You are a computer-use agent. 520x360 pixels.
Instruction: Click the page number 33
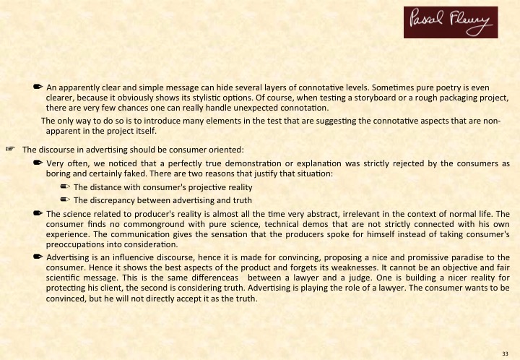tap(506, 352)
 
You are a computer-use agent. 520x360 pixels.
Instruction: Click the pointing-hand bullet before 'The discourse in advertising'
tap(10, 150)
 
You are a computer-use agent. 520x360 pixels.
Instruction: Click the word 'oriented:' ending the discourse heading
tap(225, 150)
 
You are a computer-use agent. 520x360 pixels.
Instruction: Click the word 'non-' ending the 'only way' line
tap(491, 120)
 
